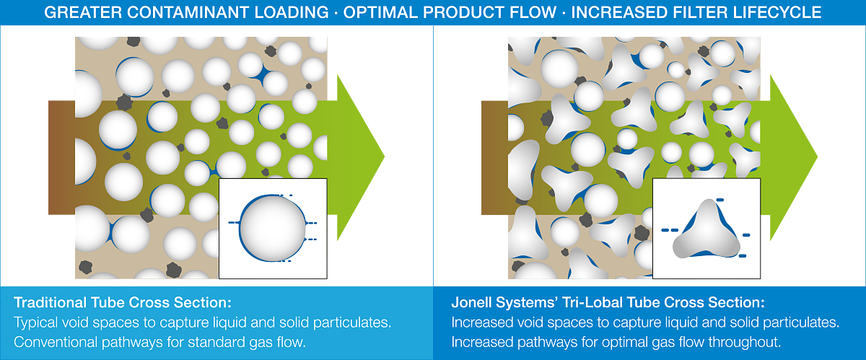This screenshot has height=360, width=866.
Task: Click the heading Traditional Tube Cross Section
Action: point(123,302)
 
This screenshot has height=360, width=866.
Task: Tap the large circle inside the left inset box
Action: point(273,228)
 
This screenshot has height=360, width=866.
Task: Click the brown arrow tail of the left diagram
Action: point(61,157)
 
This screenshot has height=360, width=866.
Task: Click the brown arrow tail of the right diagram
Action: point(494,157)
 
